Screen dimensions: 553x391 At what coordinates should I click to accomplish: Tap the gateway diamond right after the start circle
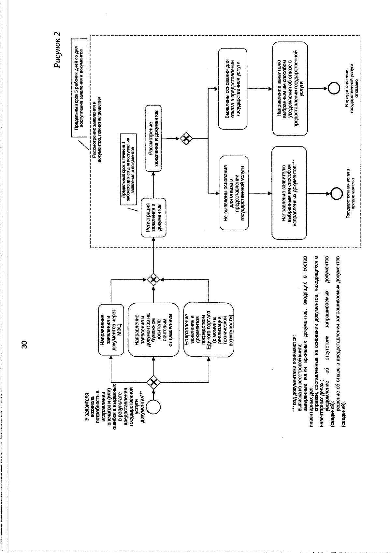point(153,381)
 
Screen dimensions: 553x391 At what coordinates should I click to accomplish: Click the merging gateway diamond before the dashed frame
point(153,279)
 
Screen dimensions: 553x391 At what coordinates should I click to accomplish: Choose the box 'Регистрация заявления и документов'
point(153,217)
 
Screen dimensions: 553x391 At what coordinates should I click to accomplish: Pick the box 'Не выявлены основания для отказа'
point(233,193)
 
